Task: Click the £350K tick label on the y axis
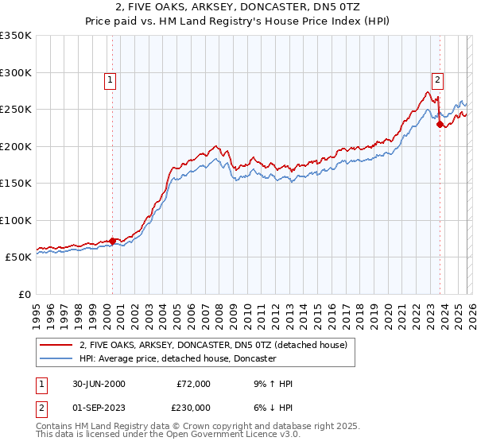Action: pos(16,36)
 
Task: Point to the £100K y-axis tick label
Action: pos(16,220)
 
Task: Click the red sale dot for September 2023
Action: pos(440,124)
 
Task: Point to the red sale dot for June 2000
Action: pos(112,241)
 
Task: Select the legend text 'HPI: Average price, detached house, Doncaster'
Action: pos(177,359)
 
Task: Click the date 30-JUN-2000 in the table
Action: pos(97,384)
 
